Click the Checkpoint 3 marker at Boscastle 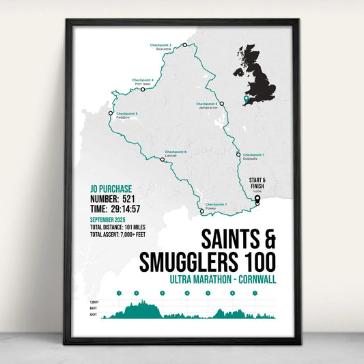[184, 45]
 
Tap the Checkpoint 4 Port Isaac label [143, 82]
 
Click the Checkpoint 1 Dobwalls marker [238, 154]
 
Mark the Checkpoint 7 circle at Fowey [201, 212]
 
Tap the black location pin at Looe [257, 200]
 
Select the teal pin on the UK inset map [246, 100]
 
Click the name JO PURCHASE [111, 188]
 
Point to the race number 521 [134, 199]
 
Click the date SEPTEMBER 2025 [108, 220]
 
